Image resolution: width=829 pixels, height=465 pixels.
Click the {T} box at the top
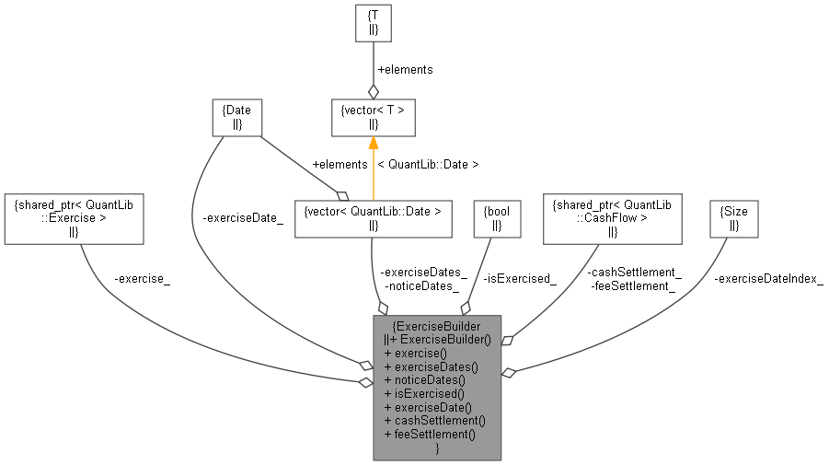tap(374, 22)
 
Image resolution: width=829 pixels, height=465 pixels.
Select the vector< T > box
tap(374, 117)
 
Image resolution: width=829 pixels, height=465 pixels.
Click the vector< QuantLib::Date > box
tap(373, 217)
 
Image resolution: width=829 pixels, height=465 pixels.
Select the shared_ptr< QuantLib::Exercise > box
tap(74, 217)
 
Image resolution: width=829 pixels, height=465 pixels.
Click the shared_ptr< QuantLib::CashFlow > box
tap(612, 217)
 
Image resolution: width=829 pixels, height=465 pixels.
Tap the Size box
tap(733, 217)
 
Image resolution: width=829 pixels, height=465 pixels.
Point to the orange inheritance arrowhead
tap(374, 143)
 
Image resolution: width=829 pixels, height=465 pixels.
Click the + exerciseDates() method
tap(432, 366)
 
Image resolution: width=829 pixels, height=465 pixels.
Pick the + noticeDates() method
tap(425, 378)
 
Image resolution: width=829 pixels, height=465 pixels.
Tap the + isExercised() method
tap(424, 392)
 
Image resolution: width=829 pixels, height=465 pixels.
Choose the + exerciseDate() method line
tap(428, 405)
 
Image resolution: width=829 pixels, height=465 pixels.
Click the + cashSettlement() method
tap(434, 419)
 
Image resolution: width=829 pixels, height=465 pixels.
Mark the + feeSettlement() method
tap(430, 432)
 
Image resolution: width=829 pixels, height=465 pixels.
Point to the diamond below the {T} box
tap(374, 92)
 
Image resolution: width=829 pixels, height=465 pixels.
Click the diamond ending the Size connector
tap(508, 372)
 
